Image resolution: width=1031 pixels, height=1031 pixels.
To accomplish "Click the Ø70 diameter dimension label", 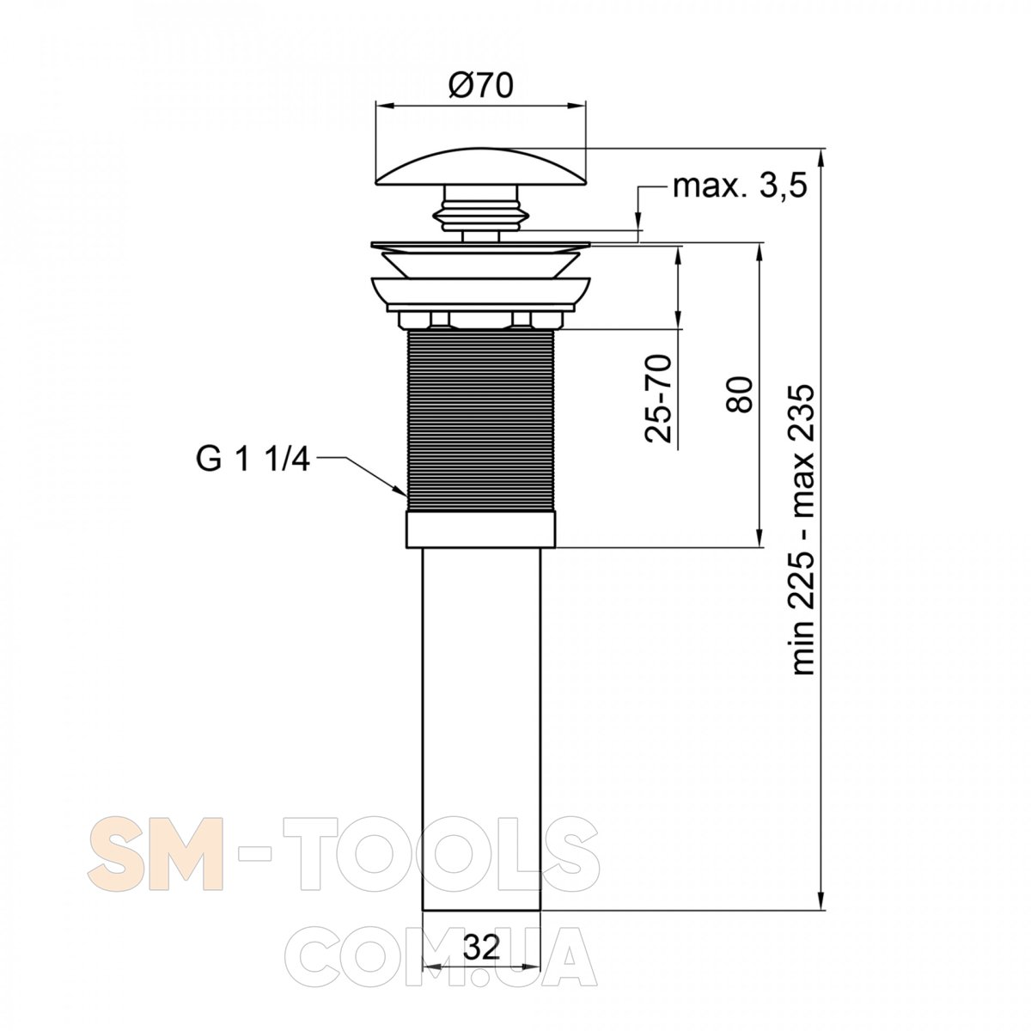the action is [x=480, y=85].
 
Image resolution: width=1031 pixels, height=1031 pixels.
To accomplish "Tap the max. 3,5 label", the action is [x=740, y=186].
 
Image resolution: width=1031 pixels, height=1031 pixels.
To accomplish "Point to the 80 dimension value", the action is [x=740, y=394].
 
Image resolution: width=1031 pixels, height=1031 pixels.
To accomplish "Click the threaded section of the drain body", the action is [x=481, y=419].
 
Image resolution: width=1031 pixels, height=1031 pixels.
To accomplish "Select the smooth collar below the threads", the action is [x=481, y=529].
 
